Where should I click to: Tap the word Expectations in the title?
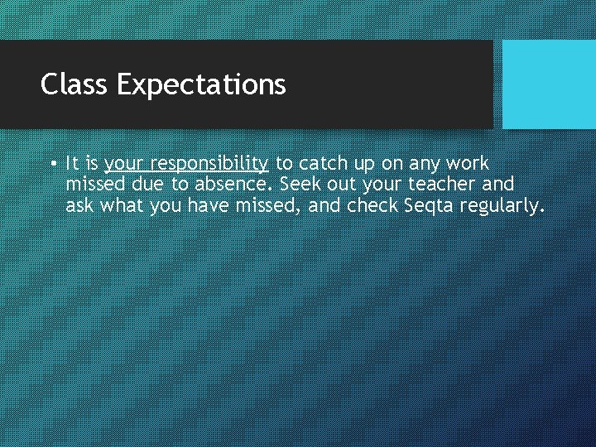201,84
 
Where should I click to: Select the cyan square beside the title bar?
549,84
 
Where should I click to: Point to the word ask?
79,204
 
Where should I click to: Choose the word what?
123,204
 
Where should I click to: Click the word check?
372,204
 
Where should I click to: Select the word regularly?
504,205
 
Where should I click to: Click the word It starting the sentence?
71,163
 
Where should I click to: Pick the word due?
147,184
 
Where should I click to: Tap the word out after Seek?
342,184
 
